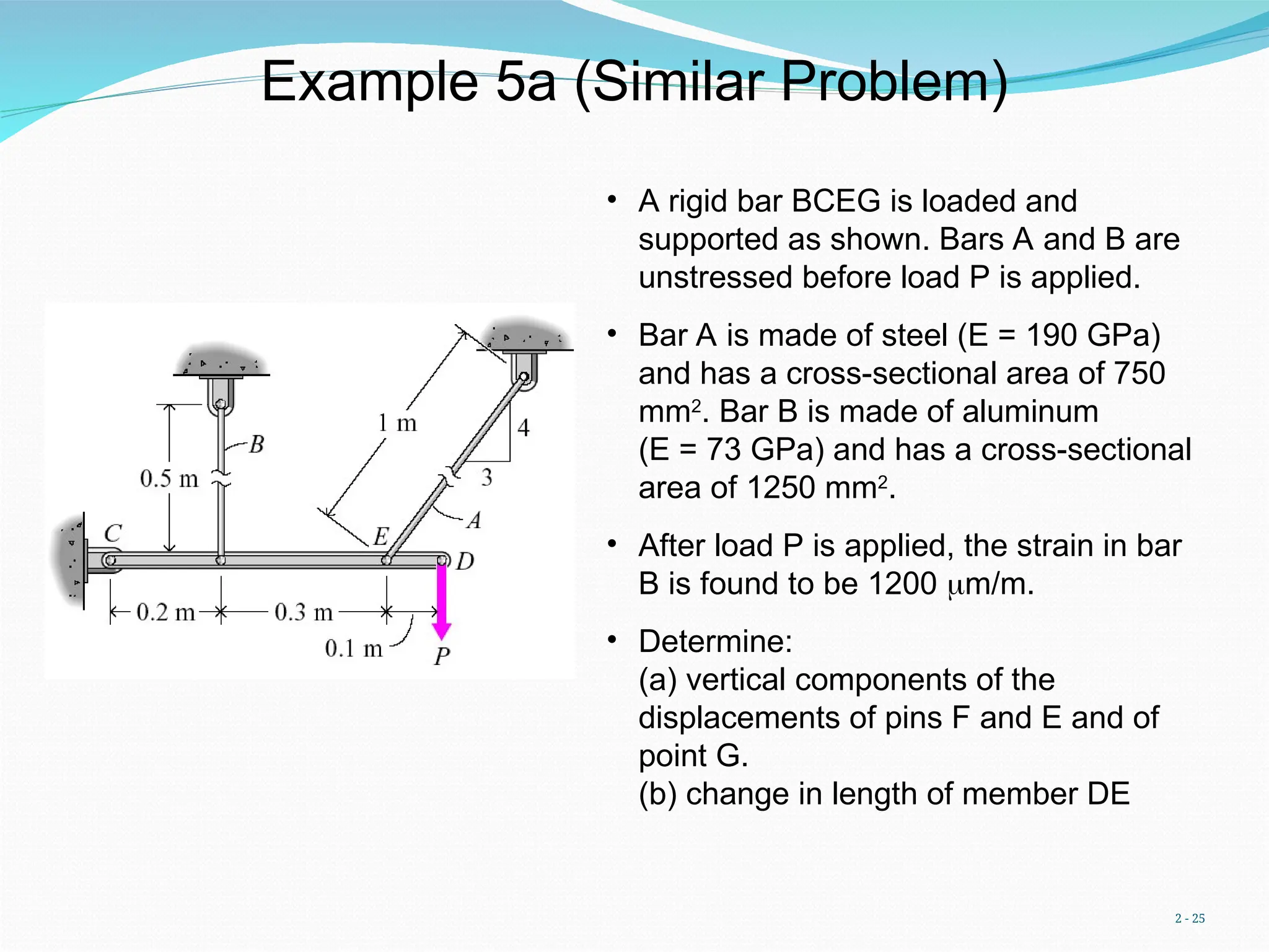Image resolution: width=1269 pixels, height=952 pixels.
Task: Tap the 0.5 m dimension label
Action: pos(169,478)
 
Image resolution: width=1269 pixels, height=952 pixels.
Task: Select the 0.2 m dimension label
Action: pos(165,612)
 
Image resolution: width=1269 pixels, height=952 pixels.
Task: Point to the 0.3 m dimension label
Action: pos(304,612)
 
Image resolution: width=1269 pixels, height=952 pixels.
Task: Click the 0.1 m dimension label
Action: pos(354,649)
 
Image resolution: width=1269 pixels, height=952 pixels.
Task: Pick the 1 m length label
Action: pos(397,423)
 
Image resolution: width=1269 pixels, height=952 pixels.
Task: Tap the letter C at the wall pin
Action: pos(113,533)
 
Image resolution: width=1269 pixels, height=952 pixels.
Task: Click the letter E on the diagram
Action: pos(381,536)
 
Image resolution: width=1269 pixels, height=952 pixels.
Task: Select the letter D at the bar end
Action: pos(465,562)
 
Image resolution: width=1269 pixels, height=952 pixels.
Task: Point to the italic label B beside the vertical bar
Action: pos(257,444)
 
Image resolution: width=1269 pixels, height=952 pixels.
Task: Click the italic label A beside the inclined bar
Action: pos(474,520)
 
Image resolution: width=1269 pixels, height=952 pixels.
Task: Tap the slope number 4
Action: pos(524,428)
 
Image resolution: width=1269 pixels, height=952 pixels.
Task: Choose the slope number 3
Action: pos(487,477)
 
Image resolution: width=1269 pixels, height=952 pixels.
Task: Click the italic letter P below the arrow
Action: pos(442,656)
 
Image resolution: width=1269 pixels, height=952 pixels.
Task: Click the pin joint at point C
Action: pos(110,561)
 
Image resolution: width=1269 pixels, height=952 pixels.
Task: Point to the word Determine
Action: pos(715,641)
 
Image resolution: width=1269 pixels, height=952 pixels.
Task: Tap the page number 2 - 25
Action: pos(1190,918)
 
